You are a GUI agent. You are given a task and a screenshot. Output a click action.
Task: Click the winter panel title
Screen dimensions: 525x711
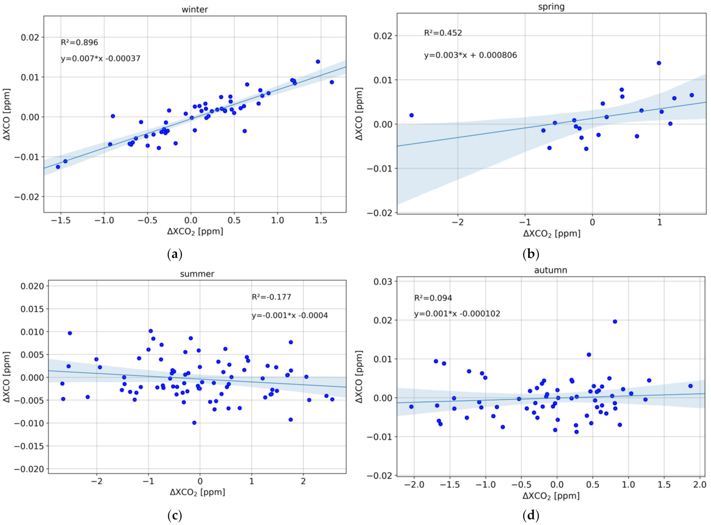point(194,9)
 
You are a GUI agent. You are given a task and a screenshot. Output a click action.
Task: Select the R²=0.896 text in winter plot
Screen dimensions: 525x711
point(79,42)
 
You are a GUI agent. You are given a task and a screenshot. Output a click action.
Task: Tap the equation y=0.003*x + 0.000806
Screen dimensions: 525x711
point(470,55)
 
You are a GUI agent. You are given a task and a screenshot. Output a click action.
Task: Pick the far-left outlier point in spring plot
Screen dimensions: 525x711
point(411,115)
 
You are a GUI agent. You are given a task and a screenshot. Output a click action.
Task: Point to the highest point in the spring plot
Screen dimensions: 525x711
point(659,63)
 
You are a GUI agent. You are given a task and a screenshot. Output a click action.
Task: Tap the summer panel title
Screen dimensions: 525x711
point(197,274)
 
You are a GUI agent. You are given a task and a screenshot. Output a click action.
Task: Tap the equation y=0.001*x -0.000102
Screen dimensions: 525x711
point(457,314)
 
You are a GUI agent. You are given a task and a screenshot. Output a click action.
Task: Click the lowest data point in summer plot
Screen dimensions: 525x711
point(194,423)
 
